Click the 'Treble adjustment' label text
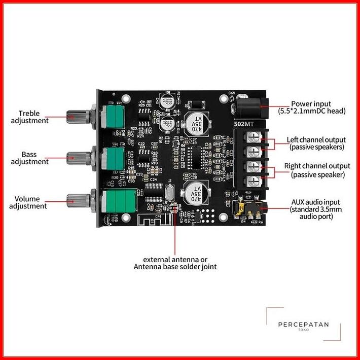[33, 117]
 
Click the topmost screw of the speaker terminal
[250, 136]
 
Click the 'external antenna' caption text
[175, 262]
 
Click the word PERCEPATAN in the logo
[304, 324]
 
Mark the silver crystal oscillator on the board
[170, 194]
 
